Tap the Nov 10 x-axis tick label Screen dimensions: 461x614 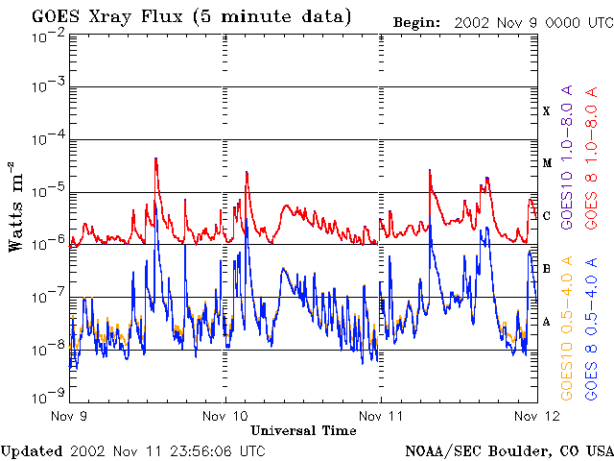click(x=225, y=416)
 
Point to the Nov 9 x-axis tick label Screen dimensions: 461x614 click(x=69, y=416)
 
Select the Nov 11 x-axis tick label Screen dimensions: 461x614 click(x=381, y=416)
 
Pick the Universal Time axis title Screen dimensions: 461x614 click(x=303, y=430)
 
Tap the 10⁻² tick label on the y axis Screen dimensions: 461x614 click(x=47, y=36)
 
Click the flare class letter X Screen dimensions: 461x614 click(x=547, y=110)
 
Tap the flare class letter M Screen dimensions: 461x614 click(x=547, y=163)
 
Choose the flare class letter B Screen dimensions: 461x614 click(x=547, y=269)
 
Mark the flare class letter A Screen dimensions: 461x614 click(x=547, y=322)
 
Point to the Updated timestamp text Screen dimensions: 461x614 click(x=133, y=449)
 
